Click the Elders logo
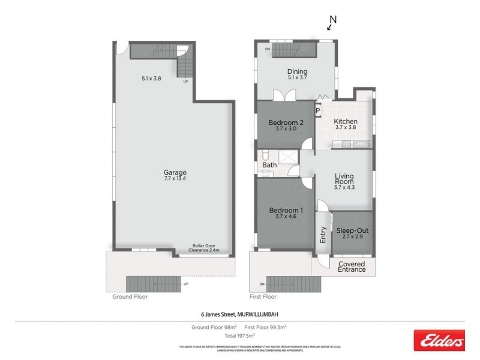(x=439, y=341)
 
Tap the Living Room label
(x=344, y=181)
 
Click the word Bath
(x=269, y=166)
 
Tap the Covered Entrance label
(x=352, y=267)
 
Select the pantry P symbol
(x=318, y=110)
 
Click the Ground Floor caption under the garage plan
(x=130, y=296)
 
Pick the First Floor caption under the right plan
(x=263, y=296)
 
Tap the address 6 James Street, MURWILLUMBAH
(x=240, y=314)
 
